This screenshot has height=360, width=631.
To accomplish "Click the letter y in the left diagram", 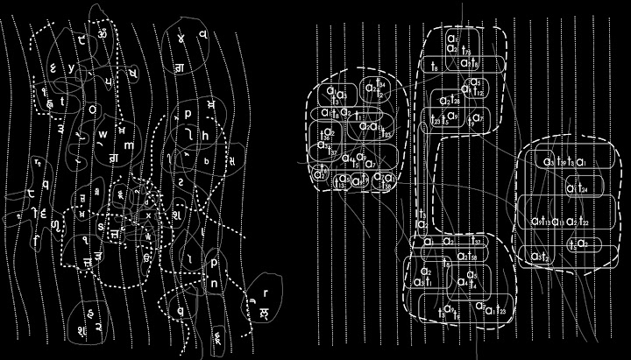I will (71, 67).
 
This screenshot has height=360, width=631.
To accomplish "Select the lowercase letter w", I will (103, 134).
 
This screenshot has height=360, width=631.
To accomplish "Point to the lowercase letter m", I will (128, 145).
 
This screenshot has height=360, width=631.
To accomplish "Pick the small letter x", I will (149, 215).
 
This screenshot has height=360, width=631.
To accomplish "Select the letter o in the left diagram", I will (93, 109).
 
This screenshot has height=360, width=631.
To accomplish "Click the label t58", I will (471, 256).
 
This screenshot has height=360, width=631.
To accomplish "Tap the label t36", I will (326, 133).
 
